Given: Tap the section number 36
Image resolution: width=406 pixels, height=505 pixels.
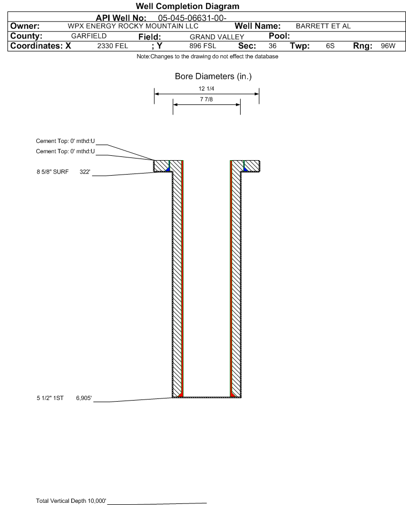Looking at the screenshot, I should click(272, 46).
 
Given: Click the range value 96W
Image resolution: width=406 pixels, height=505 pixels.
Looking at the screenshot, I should click(387, 46).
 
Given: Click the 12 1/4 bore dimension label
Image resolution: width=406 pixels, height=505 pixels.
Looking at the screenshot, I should click(206, 88).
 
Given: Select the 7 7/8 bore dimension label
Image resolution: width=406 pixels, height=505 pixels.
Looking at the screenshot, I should click(206, 100).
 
